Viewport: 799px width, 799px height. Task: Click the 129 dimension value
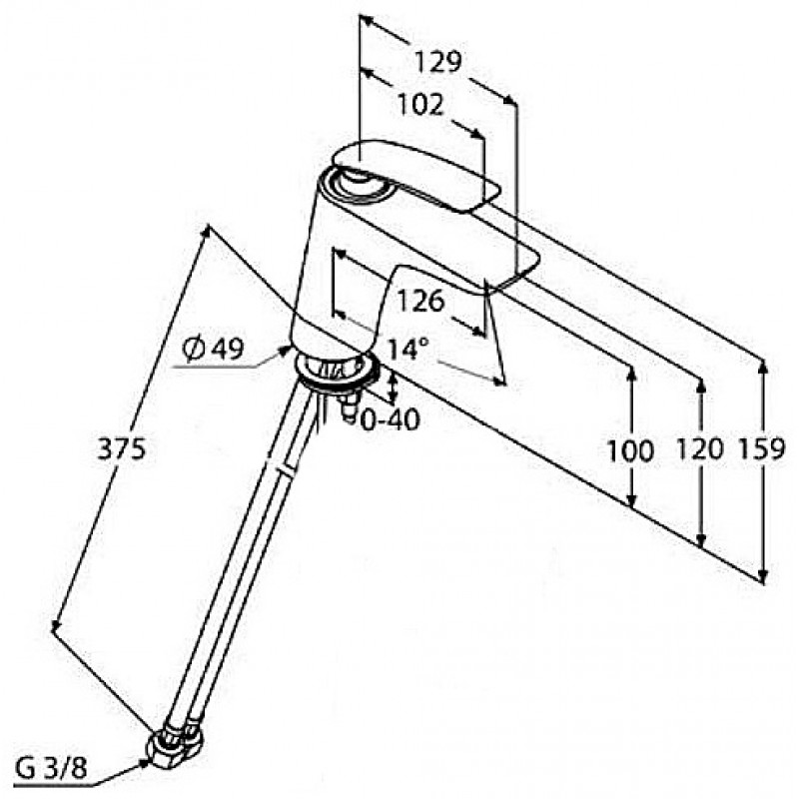437,62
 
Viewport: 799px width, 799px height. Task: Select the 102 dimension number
420,106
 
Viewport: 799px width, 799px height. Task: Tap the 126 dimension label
420,301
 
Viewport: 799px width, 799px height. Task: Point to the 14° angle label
407,349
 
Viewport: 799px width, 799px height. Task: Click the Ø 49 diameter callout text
214,349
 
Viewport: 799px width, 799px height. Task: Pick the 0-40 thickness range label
391,419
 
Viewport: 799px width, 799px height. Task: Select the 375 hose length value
122,448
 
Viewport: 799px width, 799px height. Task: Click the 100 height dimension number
630,451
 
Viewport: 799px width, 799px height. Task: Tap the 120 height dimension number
700,448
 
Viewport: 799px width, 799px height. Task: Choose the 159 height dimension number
762,449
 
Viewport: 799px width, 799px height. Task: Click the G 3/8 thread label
51,769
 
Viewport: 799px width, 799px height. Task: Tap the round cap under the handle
359,184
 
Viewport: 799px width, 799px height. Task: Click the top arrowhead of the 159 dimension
762,366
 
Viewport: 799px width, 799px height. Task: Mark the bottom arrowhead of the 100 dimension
631,501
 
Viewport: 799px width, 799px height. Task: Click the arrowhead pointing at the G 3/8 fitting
144,762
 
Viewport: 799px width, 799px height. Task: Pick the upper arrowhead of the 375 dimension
206,232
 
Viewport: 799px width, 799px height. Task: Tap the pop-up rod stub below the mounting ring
349,407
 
